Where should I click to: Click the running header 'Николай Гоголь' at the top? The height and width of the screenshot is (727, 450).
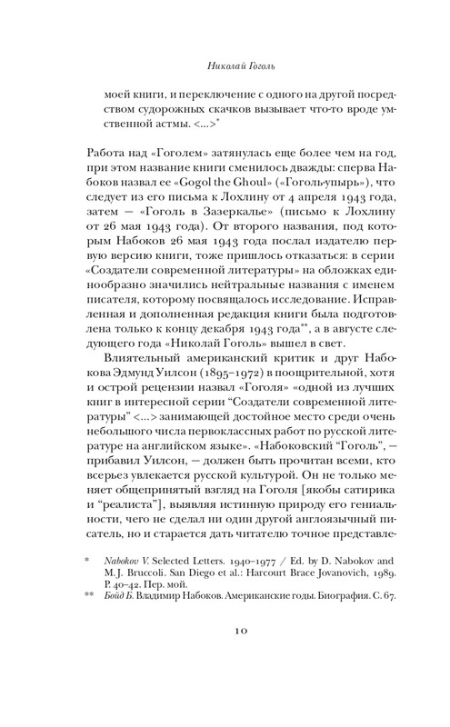225,65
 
